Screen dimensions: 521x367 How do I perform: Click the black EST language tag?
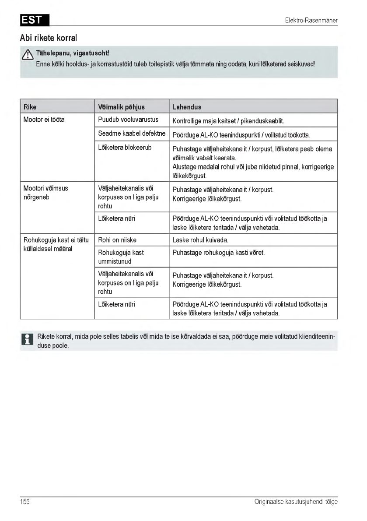click(35, 20)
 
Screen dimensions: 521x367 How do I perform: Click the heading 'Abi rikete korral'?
click(49, 38)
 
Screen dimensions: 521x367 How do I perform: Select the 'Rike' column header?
click(30, 107)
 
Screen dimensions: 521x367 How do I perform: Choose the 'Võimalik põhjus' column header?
click(121, 107)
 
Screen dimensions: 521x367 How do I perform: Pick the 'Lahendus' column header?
click(187, 107)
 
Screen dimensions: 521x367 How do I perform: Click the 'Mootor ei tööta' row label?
click(44, 120)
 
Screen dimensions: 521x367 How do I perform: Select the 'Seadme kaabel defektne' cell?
click(132, 134)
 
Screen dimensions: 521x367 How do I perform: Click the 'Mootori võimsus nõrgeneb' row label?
click(45, 193)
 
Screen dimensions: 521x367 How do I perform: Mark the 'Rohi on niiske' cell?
click(117, 240)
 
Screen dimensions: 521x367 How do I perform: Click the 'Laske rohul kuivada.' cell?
click(200, 240)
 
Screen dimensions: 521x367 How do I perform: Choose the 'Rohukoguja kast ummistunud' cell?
click(121, 257)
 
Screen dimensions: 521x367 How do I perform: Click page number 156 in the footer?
click(25, 502)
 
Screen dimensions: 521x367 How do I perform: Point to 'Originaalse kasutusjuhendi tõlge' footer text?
click(296, 502)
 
